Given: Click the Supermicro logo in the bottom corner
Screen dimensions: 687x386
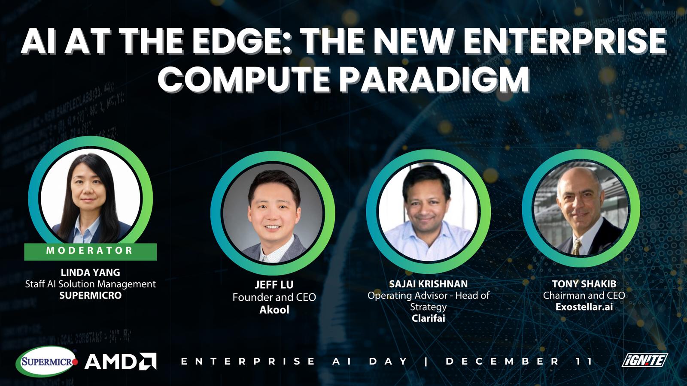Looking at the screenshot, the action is coord(47,362).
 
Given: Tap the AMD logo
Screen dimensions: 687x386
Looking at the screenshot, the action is coord(120,362).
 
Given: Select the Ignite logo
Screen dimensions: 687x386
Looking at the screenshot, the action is coord(644,360).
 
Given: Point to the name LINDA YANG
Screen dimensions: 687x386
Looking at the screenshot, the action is coord(91,272).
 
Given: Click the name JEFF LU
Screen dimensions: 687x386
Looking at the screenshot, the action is coord(274,285).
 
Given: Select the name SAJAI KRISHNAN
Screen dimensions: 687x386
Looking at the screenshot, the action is coord(429,284).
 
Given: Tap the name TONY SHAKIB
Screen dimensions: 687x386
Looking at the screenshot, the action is coord(584,284).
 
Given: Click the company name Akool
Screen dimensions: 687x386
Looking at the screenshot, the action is coord(274,310).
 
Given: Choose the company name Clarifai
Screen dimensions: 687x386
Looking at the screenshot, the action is coord(429,318).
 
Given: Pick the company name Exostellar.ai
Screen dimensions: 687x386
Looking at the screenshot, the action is coord(584,307).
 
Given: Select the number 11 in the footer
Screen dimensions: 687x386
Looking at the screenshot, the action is coord(584,361).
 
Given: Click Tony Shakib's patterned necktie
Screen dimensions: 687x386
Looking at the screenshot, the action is coord(577,247).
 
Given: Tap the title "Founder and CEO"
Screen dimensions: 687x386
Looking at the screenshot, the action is coord(274,297).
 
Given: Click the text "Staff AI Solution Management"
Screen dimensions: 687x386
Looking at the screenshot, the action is coord(91,284).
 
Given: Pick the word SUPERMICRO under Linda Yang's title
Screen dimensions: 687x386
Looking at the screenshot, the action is coord(91,296).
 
